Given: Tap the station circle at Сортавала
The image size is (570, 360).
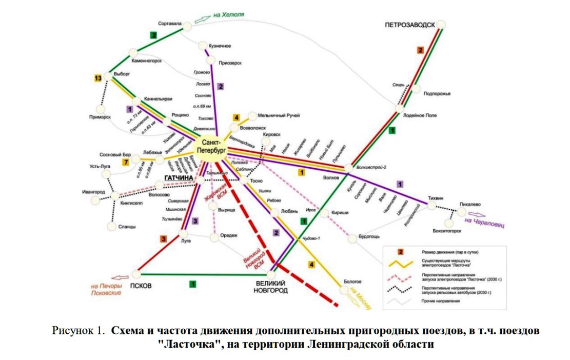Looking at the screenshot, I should [x=188, y=26].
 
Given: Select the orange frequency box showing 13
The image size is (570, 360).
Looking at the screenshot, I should [x=99, y=78].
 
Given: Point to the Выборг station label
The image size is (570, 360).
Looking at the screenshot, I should [x=122, y=74].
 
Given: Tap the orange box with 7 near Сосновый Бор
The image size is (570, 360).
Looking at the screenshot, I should [x=125, y=163].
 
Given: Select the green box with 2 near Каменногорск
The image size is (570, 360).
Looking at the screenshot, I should [x=153, y=35].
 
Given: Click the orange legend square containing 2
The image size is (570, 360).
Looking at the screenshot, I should [x=401, y=252].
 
